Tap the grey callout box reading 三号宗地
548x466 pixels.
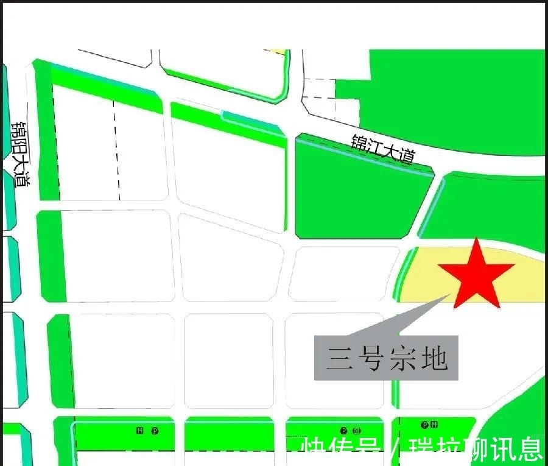(x=386, y=358)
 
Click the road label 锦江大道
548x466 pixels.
(x=383, y=148)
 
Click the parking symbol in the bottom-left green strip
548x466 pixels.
(x=155, y=431)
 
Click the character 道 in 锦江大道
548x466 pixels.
(x=406, y=156)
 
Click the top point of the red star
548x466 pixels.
(x=476, y=239)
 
